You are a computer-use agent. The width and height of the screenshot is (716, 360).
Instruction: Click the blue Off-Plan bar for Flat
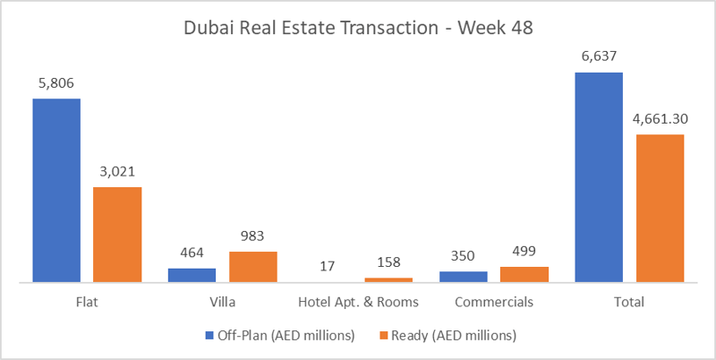tap(57, 190)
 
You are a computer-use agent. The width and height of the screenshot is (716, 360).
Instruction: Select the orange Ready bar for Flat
tap(117, 235)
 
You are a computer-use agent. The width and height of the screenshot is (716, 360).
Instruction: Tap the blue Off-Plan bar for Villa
tap(192, 275)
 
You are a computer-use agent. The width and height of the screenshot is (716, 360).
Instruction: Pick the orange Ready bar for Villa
tap(252, 267)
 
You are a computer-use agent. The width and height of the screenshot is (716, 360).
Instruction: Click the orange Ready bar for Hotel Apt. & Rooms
tap(388, 279)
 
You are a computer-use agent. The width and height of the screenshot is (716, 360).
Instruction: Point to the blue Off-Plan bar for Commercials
tap(464, 277)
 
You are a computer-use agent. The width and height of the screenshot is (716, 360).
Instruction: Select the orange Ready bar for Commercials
tap(524, 274)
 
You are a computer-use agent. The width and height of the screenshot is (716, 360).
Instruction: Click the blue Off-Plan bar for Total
tap(599, 177)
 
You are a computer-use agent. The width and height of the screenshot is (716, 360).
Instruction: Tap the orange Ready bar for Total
tap(660, 209)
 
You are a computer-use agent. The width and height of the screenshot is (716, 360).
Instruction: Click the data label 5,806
tap(57, 82)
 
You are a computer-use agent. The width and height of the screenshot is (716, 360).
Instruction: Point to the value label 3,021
tap(117, 171)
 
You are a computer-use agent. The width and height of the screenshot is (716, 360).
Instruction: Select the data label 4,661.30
tap(660, 118)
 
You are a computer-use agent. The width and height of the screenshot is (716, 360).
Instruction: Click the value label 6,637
tap(599, 56)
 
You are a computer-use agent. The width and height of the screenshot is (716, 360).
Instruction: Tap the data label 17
tap(328, 266)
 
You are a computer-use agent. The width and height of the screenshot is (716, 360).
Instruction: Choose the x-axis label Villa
tap(222, 303)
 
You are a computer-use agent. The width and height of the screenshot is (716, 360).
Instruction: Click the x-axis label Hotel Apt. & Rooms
tap(358, 303)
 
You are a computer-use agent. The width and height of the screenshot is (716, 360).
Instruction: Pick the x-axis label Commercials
tap(494, 303)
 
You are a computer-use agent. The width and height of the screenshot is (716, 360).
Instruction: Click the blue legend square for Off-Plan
tap(199, 337)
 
